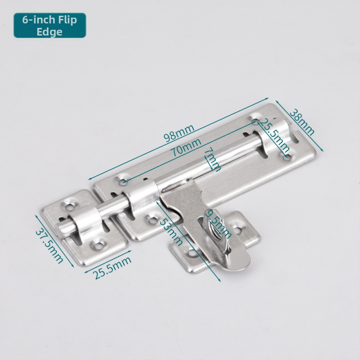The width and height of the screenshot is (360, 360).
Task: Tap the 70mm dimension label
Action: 186,147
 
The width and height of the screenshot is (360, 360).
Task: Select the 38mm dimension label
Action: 302,122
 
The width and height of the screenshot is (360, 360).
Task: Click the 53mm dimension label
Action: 171,232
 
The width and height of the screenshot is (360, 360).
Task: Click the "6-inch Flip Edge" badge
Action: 50,25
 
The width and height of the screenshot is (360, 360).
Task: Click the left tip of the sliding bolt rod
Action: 58,229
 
